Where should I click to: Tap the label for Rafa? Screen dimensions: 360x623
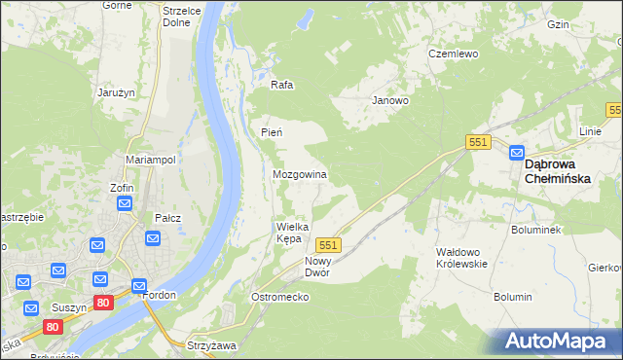coord(282,85)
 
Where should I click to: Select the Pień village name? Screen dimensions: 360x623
coord(272,132)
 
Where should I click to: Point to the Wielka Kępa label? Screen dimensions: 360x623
coord(291,233)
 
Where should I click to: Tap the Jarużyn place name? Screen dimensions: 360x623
coord(114,92)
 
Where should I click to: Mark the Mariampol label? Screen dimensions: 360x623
coord(150,160)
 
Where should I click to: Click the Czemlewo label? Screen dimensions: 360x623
coord(454,54)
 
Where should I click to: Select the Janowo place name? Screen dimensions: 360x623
coord(390,100)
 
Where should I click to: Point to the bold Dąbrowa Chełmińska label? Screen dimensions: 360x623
coord(563,171)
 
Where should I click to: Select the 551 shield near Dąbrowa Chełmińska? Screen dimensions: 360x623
coord(477,142)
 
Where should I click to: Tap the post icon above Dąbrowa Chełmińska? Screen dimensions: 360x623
coord(517,153)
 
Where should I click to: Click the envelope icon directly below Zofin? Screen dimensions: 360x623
coord(125,203)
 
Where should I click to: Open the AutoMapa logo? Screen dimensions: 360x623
coord(558,342)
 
